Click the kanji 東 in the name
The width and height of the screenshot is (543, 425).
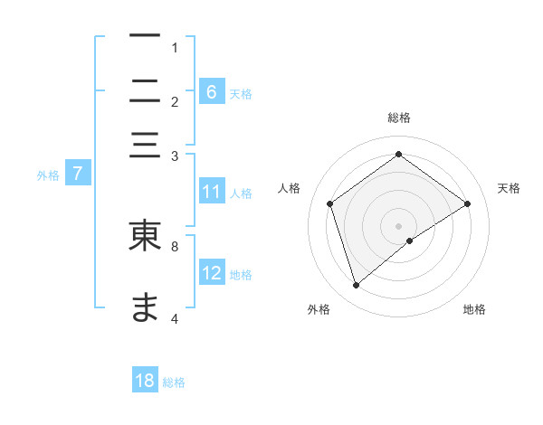click(x=145, y=235)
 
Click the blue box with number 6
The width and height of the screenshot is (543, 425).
click(x=212, y=91)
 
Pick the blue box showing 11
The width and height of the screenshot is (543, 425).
click(x=212, y=192)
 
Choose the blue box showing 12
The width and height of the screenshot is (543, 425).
click(x=212, y=273)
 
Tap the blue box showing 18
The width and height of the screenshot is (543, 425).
click(x=145, y=381)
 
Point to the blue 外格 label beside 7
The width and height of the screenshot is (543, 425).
click(x=47, y=175)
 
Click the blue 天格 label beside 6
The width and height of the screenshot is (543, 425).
click(x=241, y=93)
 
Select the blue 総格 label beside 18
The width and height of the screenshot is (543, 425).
click(x=174, y=382)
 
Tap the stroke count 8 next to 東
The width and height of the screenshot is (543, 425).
click(x=175, y=244)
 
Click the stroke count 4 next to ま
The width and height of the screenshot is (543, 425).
click(x=175, y=318)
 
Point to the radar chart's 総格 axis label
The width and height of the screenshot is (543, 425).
click(x=398, y=118)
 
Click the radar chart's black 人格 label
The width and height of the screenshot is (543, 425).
click(x=290, y=188)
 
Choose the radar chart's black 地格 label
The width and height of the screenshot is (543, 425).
click(x=474, y=309)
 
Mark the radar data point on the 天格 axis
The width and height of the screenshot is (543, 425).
click(x=467, y=203)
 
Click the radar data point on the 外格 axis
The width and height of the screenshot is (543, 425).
click(x=357, y=286)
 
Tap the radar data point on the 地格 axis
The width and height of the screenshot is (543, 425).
click(x=410, y=241)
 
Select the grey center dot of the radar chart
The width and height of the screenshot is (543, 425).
click(x=398, y=224)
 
